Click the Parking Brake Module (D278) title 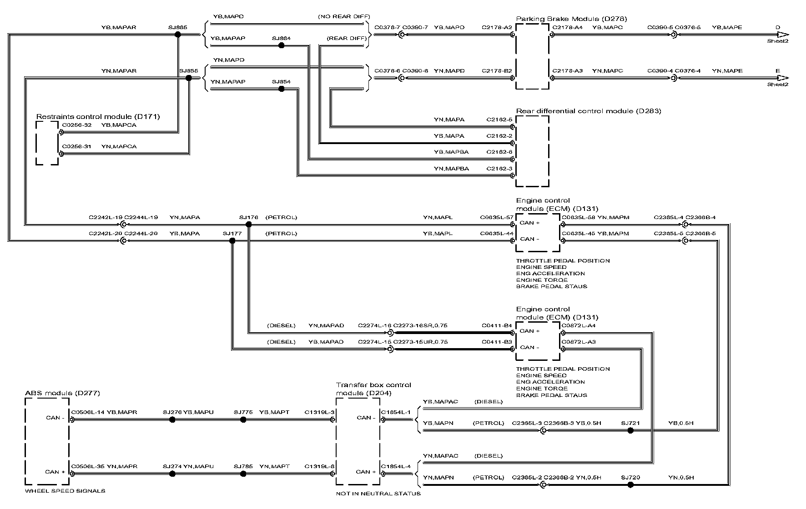(x=571, y=19)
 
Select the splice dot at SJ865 (x=178, y=35)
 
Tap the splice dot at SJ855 (x=189, y=78)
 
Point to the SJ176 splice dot (x=248, y=225)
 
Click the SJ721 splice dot (x=630, y=430)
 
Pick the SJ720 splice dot (x=630, y=485)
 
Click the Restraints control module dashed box (x=47, y=143)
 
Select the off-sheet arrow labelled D (x=782, y=35)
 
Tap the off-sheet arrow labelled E (x=782, y=78)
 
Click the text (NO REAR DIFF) (x=343, y=17)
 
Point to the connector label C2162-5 (x=499, y=120)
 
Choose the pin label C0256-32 (x=77, y=125)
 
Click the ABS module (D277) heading (x=62, y=393)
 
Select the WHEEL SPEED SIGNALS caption (x=65, y=491)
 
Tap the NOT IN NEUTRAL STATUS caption (x=378, y=494)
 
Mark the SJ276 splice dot (x=172, y=420)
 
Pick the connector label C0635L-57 (x=497, y=218)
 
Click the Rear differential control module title (x=589, y=111)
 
